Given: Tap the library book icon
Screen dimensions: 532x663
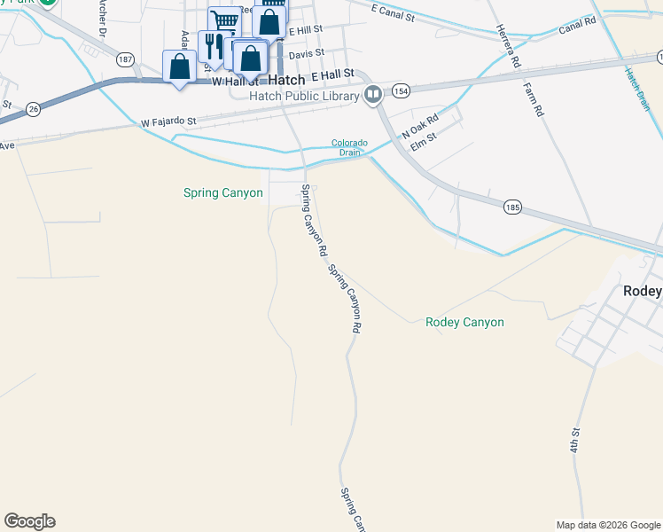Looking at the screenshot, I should coord(374,95).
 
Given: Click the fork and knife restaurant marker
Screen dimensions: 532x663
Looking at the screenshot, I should coord(214,44).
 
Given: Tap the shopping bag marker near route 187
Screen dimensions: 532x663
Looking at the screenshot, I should coord(180,66).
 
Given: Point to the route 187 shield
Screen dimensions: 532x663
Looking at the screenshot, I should coord(125,59).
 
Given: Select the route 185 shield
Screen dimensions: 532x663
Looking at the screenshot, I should coord(511,207).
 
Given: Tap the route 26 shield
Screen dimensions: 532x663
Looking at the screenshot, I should coord(34,107).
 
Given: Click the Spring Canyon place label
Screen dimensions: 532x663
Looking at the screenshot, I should coord(222,192).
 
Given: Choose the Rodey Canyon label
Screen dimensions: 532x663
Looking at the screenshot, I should coord(464,323).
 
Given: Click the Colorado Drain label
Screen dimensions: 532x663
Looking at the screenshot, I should coord(349,147).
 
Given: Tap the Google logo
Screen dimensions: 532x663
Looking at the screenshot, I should coord(29,521).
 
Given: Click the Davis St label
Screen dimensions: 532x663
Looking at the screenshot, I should coord(307,54).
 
